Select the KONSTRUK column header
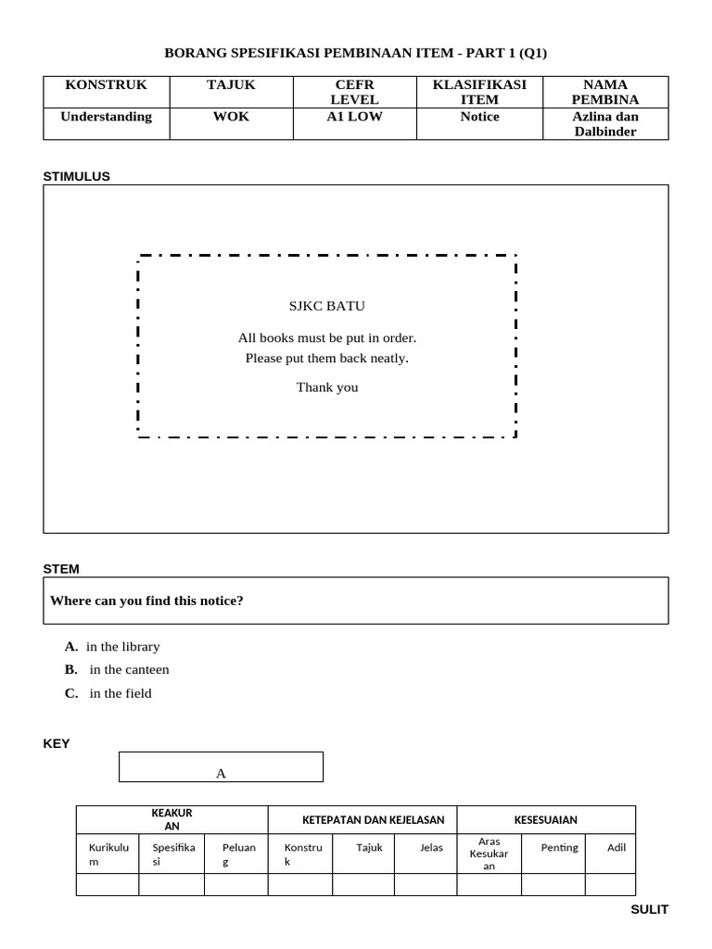(x=106, y=85)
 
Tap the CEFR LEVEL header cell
(x=354, y=92)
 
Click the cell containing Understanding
(x=106, y=117)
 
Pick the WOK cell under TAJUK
(x=231, y=117)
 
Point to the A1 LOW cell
(x=354, y=117)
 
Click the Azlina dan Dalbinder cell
(x=605, y=123)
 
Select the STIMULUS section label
(x=77, y=176)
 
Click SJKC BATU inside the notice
(x=327, y=306)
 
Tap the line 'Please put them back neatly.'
(x=327, y=358)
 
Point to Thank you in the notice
(x=327, y=387)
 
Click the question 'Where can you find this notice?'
(x=147, y=601)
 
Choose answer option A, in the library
(x=113, y=646)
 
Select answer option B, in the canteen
(x=118, y=669)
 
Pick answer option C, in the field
(x=108, y=693)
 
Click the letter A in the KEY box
(x=221, y=774)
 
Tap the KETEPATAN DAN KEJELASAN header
(x=374, y=820)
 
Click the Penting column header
(x=559, y=847)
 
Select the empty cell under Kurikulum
(x=108, y=885)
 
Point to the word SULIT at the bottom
(x=649, y=909)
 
